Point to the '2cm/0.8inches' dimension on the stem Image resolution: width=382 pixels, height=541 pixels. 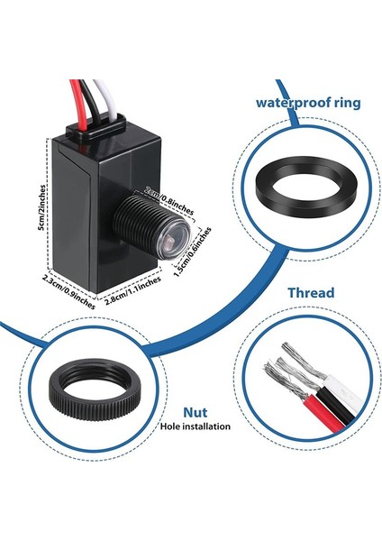[x=168, y=197]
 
